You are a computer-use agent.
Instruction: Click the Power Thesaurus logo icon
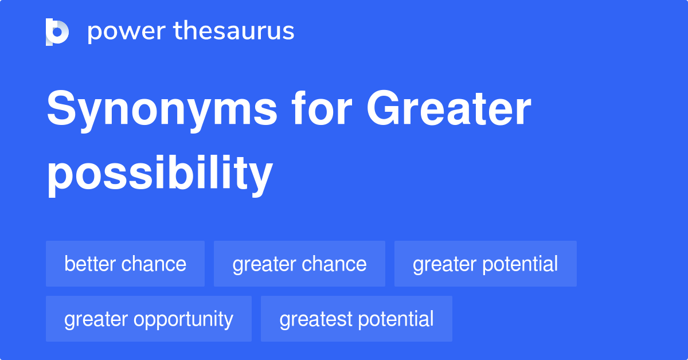[57, 32]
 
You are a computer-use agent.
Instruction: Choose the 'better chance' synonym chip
[125, 264]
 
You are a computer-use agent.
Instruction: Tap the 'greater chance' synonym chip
[299, 264]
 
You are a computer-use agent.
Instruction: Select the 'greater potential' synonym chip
[485, 264]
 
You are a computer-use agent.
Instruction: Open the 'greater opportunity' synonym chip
[148, 319]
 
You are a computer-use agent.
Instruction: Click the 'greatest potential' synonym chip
[356, 319]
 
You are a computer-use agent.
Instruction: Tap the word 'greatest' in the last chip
[314, 319]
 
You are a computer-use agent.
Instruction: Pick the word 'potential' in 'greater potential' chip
[521, 264]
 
